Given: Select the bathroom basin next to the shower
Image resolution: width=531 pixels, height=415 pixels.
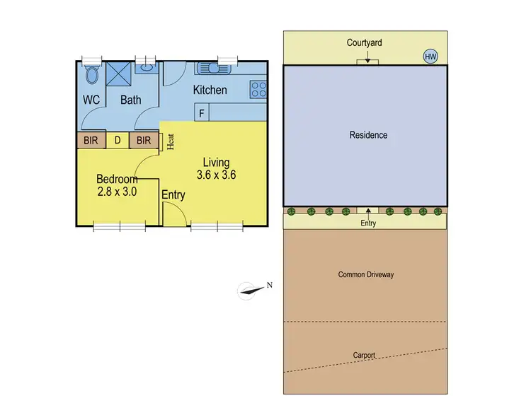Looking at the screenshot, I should tap(145, 69).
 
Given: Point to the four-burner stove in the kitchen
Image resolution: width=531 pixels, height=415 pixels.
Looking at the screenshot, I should tap(258, 90).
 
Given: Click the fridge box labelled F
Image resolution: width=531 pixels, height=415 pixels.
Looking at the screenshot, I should tap(202, 112).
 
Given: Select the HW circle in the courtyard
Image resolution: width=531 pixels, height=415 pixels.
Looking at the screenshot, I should tap(430, 56).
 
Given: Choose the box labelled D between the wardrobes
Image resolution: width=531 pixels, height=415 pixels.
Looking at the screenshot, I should tap(118, 140).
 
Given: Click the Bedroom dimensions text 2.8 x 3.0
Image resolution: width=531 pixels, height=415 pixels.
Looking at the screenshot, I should tap(116, 191).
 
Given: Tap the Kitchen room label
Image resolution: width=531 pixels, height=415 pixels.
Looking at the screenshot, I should tap(210, 90).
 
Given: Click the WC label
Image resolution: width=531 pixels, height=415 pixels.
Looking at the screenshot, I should tap(91, 100).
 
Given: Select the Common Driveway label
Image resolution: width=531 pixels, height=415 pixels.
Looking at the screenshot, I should tap(365, 274).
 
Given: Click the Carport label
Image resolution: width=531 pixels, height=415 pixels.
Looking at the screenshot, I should tap(365, 355).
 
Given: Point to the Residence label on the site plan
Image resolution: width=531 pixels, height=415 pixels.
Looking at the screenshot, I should tap(368, 135).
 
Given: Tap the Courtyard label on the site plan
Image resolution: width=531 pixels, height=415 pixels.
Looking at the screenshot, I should tap(365, 43).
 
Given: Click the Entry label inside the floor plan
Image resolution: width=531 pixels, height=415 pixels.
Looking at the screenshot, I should tap(173, 195).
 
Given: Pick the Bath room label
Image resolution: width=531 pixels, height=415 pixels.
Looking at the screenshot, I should tap(130, 100).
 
